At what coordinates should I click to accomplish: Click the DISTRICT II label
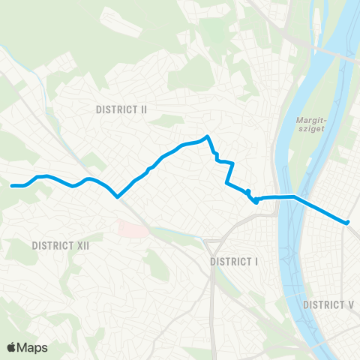(x=121, y=109)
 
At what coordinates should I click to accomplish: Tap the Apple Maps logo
(x=27, y=347)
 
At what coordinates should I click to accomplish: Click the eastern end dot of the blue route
(x=347, y=222)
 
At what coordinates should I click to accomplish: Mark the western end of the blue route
(x=12, y=185)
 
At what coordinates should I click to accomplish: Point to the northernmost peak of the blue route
(x=207, y=136)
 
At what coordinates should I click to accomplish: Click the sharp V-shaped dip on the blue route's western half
(x=118, y=197)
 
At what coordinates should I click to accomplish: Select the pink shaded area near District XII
(x=130, y=229)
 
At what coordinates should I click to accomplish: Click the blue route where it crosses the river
(x=286, y=197)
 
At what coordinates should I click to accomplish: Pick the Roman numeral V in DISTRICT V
(x=351, y=304)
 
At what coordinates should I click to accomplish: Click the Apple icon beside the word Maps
(x=11, y=346)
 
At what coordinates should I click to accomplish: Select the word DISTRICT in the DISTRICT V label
(x=325, y=304)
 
